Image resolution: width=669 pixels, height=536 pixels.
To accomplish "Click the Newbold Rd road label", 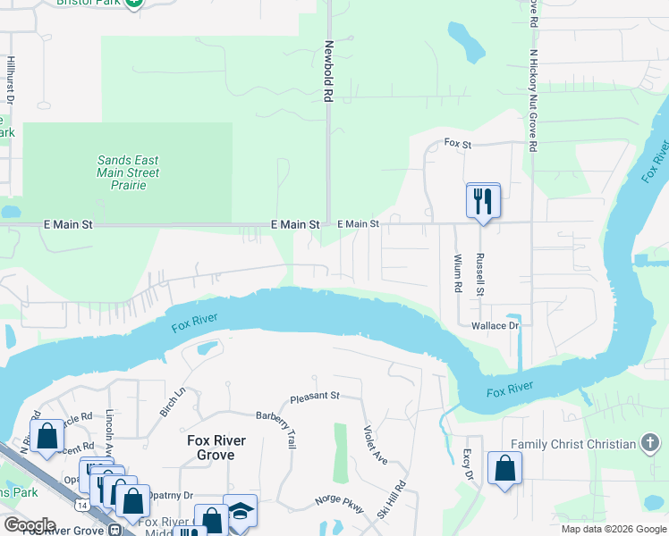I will pyautogui.click(x=329, y=69).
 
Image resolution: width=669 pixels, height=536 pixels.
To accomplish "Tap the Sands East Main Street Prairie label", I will pyautogui.click(x=128, y=172).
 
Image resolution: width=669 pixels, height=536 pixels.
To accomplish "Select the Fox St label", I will pyautogui.click(x=457, y=143).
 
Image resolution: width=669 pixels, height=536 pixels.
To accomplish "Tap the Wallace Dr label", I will pyautogui.click(x=495, y=327).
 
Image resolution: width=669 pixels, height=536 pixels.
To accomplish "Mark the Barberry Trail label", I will pyautogui.click(x=275, y=428).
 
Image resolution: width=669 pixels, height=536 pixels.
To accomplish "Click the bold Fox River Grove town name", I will pyautogui.click(x=211, y=448).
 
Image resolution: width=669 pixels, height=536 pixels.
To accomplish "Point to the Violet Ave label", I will pyautogui.click(x=376, y=444).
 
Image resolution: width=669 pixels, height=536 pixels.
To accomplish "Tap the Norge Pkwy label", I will pyautogui.click(x=339, y=505).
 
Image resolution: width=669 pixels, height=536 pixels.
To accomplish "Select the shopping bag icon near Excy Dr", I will pyautogui.click(x=504, y=468).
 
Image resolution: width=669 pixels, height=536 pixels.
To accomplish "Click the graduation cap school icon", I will pyautogui.click(x=239, y=510).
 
